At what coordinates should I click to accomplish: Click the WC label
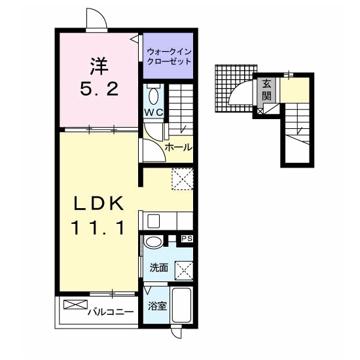[x=154, y=113]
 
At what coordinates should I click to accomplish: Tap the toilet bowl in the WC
[x=153, y=96]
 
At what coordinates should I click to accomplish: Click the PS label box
[x=187, y=239]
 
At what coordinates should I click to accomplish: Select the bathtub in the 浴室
[x=181, y=306]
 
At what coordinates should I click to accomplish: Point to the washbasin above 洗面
[x=153, y=242]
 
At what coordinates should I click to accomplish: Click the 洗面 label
[x=159, y=268]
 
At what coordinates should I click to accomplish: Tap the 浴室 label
[x=157, y=306]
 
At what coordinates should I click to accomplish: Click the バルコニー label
[x=111, y=312]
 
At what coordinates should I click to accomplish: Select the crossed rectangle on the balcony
[x=75, y=304]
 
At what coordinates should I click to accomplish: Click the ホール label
[x=179, y=147]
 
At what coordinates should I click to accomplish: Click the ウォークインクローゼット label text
[x=169, y=56]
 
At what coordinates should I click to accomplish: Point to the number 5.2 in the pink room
[x=99, y=89]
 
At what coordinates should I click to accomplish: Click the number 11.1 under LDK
[x=98, y=228]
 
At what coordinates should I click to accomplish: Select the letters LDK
[x=99, y=204]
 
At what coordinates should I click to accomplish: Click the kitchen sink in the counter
[x=153, y=221]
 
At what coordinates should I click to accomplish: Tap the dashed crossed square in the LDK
[x=183, y=179]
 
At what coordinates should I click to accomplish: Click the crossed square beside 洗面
[x=184, y=270]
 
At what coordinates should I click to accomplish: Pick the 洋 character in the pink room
[x=99, y=66]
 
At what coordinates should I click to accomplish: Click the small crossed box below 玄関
[x=260, y=111]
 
